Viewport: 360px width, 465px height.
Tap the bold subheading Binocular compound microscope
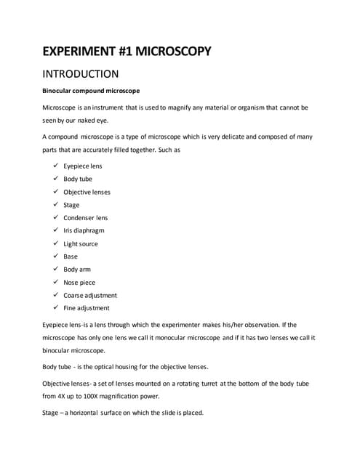pos(91,91)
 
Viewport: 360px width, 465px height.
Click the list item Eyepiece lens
pos(82,166)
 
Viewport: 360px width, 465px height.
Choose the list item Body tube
pos(78,179)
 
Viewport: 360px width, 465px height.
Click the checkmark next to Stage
pos(55,204)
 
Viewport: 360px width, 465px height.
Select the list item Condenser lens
pos(85,217)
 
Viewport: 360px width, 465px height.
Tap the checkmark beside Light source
pos(55,243)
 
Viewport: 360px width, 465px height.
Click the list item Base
pos(71,256)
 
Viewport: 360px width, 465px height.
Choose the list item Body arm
pos(77,270)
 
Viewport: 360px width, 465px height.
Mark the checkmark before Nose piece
pos(55,282)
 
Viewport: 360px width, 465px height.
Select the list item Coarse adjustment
pos(90,295)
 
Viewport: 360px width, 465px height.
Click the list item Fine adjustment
pos(85,308)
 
